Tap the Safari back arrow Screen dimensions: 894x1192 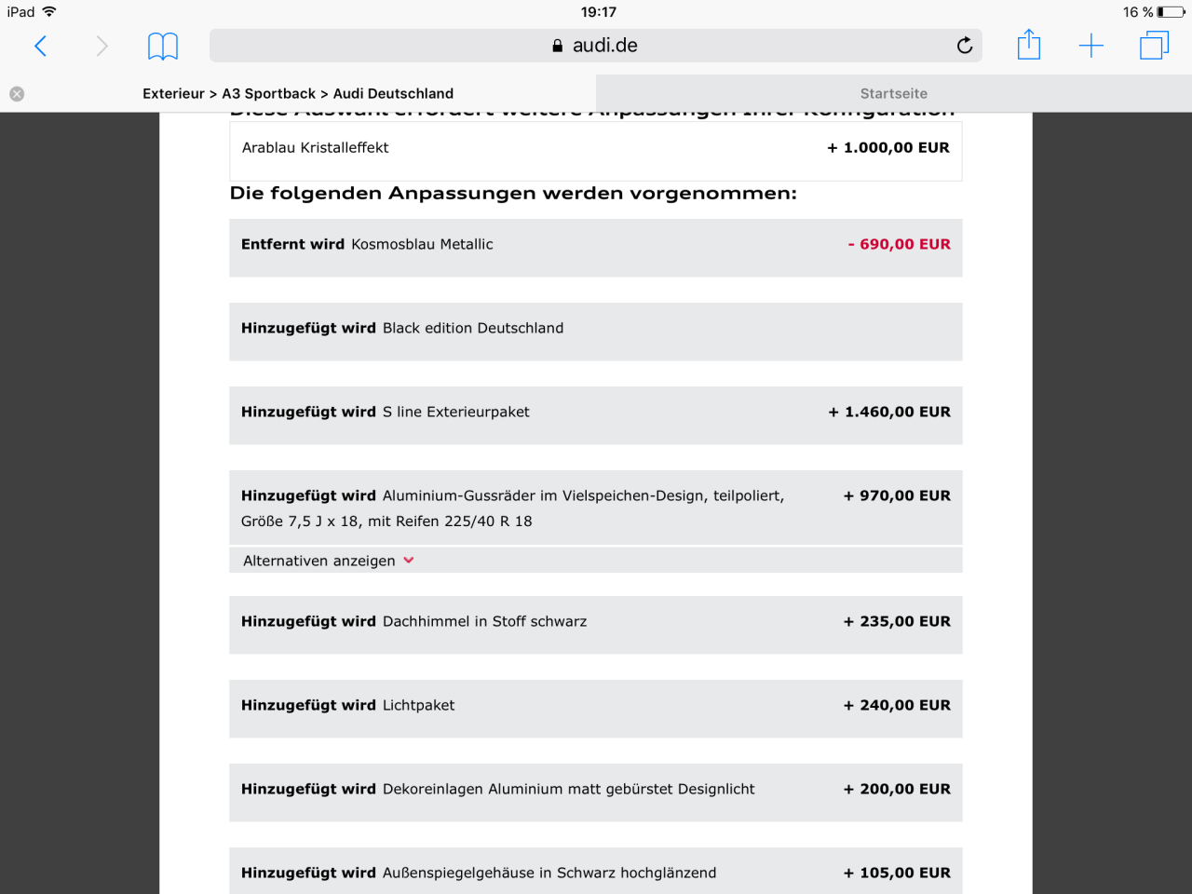click(x=40, y=46)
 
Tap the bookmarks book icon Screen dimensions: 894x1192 click(x=163, y=46)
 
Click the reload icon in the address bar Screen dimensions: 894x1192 click(x=965, y=46)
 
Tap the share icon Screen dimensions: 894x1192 click(x=1029, y=45)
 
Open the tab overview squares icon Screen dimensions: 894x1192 click(x=1154, y=45)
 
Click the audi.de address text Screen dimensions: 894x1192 click(x=604, y=46)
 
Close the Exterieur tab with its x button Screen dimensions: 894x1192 click(x=17, y=94)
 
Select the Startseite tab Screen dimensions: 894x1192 click(x=893, y=94)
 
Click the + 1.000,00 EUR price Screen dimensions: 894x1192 click(x=888, y=148)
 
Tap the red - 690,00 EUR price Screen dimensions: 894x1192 click(x=900, y=244)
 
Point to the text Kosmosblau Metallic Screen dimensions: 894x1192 click(x=422, y=244)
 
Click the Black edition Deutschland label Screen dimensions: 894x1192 click(x=473, y=328)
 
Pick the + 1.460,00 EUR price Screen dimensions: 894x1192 click(x=889, y=412)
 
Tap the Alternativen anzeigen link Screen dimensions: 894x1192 click(x=319, y=561)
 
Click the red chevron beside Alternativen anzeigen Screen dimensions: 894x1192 click(x=409, y=561)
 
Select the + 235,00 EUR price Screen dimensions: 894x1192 click(x=897, y=621)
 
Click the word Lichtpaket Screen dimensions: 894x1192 click(x=418, y=705)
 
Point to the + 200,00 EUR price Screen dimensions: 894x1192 click(x=897, y=789)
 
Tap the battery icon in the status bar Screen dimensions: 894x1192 click(x=1172, y=12)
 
